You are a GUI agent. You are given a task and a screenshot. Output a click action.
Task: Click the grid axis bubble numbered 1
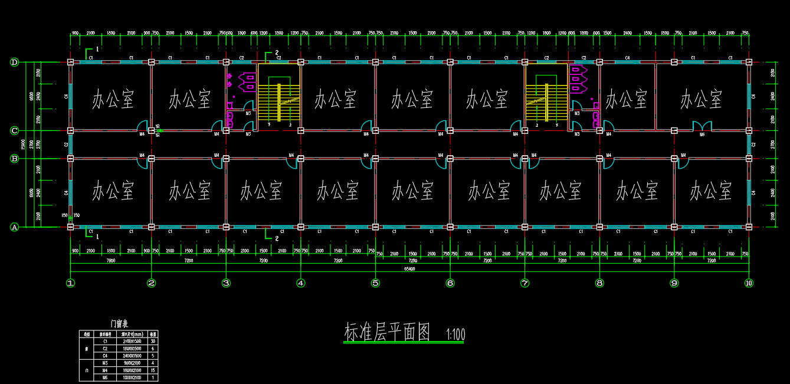71,283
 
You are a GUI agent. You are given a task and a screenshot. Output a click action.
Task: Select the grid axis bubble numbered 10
749,283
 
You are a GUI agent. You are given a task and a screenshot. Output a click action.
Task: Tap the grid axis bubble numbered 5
375,283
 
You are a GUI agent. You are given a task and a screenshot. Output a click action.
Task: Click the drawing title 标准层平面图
389,333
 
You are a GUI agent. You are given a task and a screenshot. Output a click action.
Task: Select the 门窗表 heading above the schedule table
119,323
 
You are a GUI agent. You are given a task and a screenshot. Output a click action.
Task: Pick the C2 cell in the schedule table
106,349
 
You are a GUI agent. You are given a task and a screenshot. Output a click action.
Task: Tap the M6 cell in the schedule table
106,378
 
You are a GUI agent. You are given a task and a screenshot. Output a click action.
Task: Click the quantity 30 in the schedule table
153,341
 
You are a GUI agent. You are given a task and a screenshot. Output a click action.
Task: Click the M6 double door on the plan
702,126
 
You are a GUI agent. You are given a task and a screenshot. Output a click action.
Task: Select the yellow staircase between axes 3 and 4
280,101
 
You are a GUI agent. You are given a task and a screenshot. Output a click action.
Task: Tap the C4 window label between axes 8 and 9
628,58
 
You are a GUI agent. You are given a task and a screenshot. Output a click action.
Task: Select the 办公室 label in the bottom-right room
711,191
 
